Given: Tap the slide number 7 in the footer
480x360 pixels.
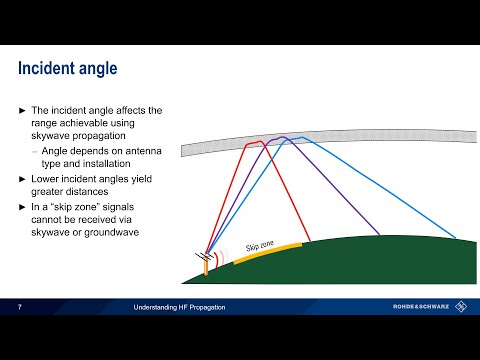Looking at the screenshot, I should (20, 308).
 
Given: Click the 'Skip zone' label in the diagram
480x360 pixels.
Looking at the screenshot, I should (260, 246).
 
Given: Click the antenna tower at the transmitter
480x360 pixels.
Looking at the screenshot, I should (207, 262).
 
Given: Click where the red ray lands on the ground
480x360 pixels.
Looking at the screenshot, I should (304, 241).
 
